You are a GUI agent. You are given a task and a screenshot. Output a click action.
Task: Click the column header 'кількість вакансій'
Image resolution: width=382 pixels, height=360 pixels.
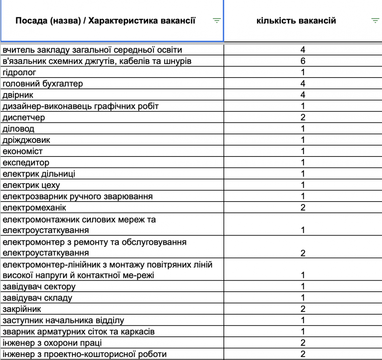[296, 21]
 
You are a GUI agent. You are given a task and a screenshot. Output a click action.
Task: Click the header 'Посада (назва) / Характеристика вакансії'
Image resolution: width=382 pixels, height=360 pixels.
[105, 21]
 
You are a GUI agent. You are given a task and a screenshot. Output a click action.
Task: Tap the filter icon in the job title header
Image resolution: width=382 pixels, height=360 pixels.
[217, 21]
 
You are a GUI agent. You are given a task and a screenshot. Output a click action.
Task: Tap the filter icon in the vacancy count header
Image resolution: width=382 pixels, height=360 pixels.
[375, 21]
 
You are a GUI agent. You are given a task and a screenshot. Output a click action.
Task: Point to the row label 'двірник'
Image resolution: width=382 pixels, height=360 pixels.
[18, 95]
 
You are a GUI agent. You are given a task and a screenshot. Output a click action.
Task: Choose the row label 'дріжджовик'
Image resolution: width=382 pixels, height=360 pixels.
[26, 140]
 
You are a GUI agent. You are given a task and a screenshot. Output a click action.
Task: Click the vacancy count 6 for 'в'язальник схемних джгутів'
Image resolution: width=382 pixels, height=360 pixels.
[303, 61]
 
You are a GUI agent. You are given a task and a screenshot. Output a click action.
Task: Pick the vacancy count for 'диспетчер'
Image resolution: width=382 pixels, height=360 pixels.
[303, 118]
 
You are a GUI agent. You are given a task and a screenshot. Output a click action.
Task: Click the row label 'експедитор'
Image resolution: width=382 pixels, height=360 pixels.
[26, 163]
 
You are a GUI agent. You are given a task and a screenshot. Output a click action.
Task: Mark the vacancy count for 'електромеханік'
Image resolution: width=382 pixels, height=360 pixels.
[303, 208]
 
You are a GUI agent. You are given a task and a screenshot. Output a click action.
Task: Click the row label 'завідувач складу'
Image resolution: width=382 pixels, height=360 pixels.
[37, 298]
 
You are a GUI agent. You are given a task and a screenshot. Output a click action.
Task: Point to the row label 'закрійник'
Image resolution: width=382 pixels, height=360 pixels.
[22, 309]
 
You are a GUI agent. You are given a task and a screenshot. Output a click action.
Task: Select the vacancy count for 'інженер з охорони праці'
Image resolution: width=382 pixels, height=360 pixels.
[303, 343]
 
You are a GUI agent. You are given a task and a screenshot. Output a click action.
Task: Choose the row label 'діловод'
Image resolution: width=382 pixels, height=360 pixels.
[18, 129]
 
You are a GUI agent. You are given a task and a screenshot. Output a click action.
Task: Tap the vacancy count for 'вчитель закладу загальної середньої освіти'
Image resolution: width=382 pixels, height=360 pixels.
[303, 50]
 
